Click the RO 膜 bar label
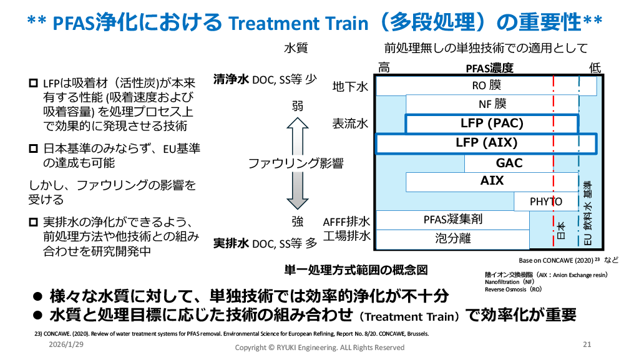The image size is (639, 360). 486,85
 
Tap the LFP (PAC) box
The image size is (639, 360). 492,124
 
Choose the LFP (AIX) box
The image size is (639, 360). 486,143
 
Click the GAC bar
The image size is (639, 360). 509,163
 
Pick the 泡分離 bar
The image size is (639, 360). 453,238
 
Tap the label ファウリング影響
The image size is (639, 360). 296,163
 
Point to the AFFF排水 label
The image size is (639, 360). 347,221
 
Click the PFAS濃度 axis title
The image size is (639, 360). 489,68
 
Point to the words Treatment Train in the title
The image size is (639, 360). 298,23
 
